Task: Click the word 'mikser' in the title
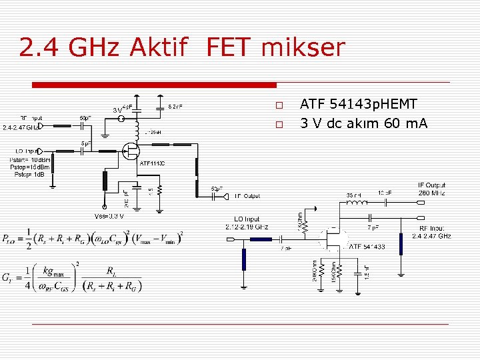[x=304, y=48]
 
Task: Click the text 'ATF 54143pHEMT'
[x=359, y=105]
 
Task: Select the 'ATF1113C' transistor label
[x=153, y=163]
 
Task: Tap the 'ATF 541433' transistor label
[x=367, y=247]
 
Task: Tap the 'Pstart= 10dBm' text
[x=31, y=160]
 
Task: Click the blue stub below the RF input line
[x=401, y=244]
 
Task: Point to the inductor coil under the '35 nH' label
[x=357, y=202]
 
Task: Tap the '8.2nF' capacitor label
[x=176, y=106]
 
